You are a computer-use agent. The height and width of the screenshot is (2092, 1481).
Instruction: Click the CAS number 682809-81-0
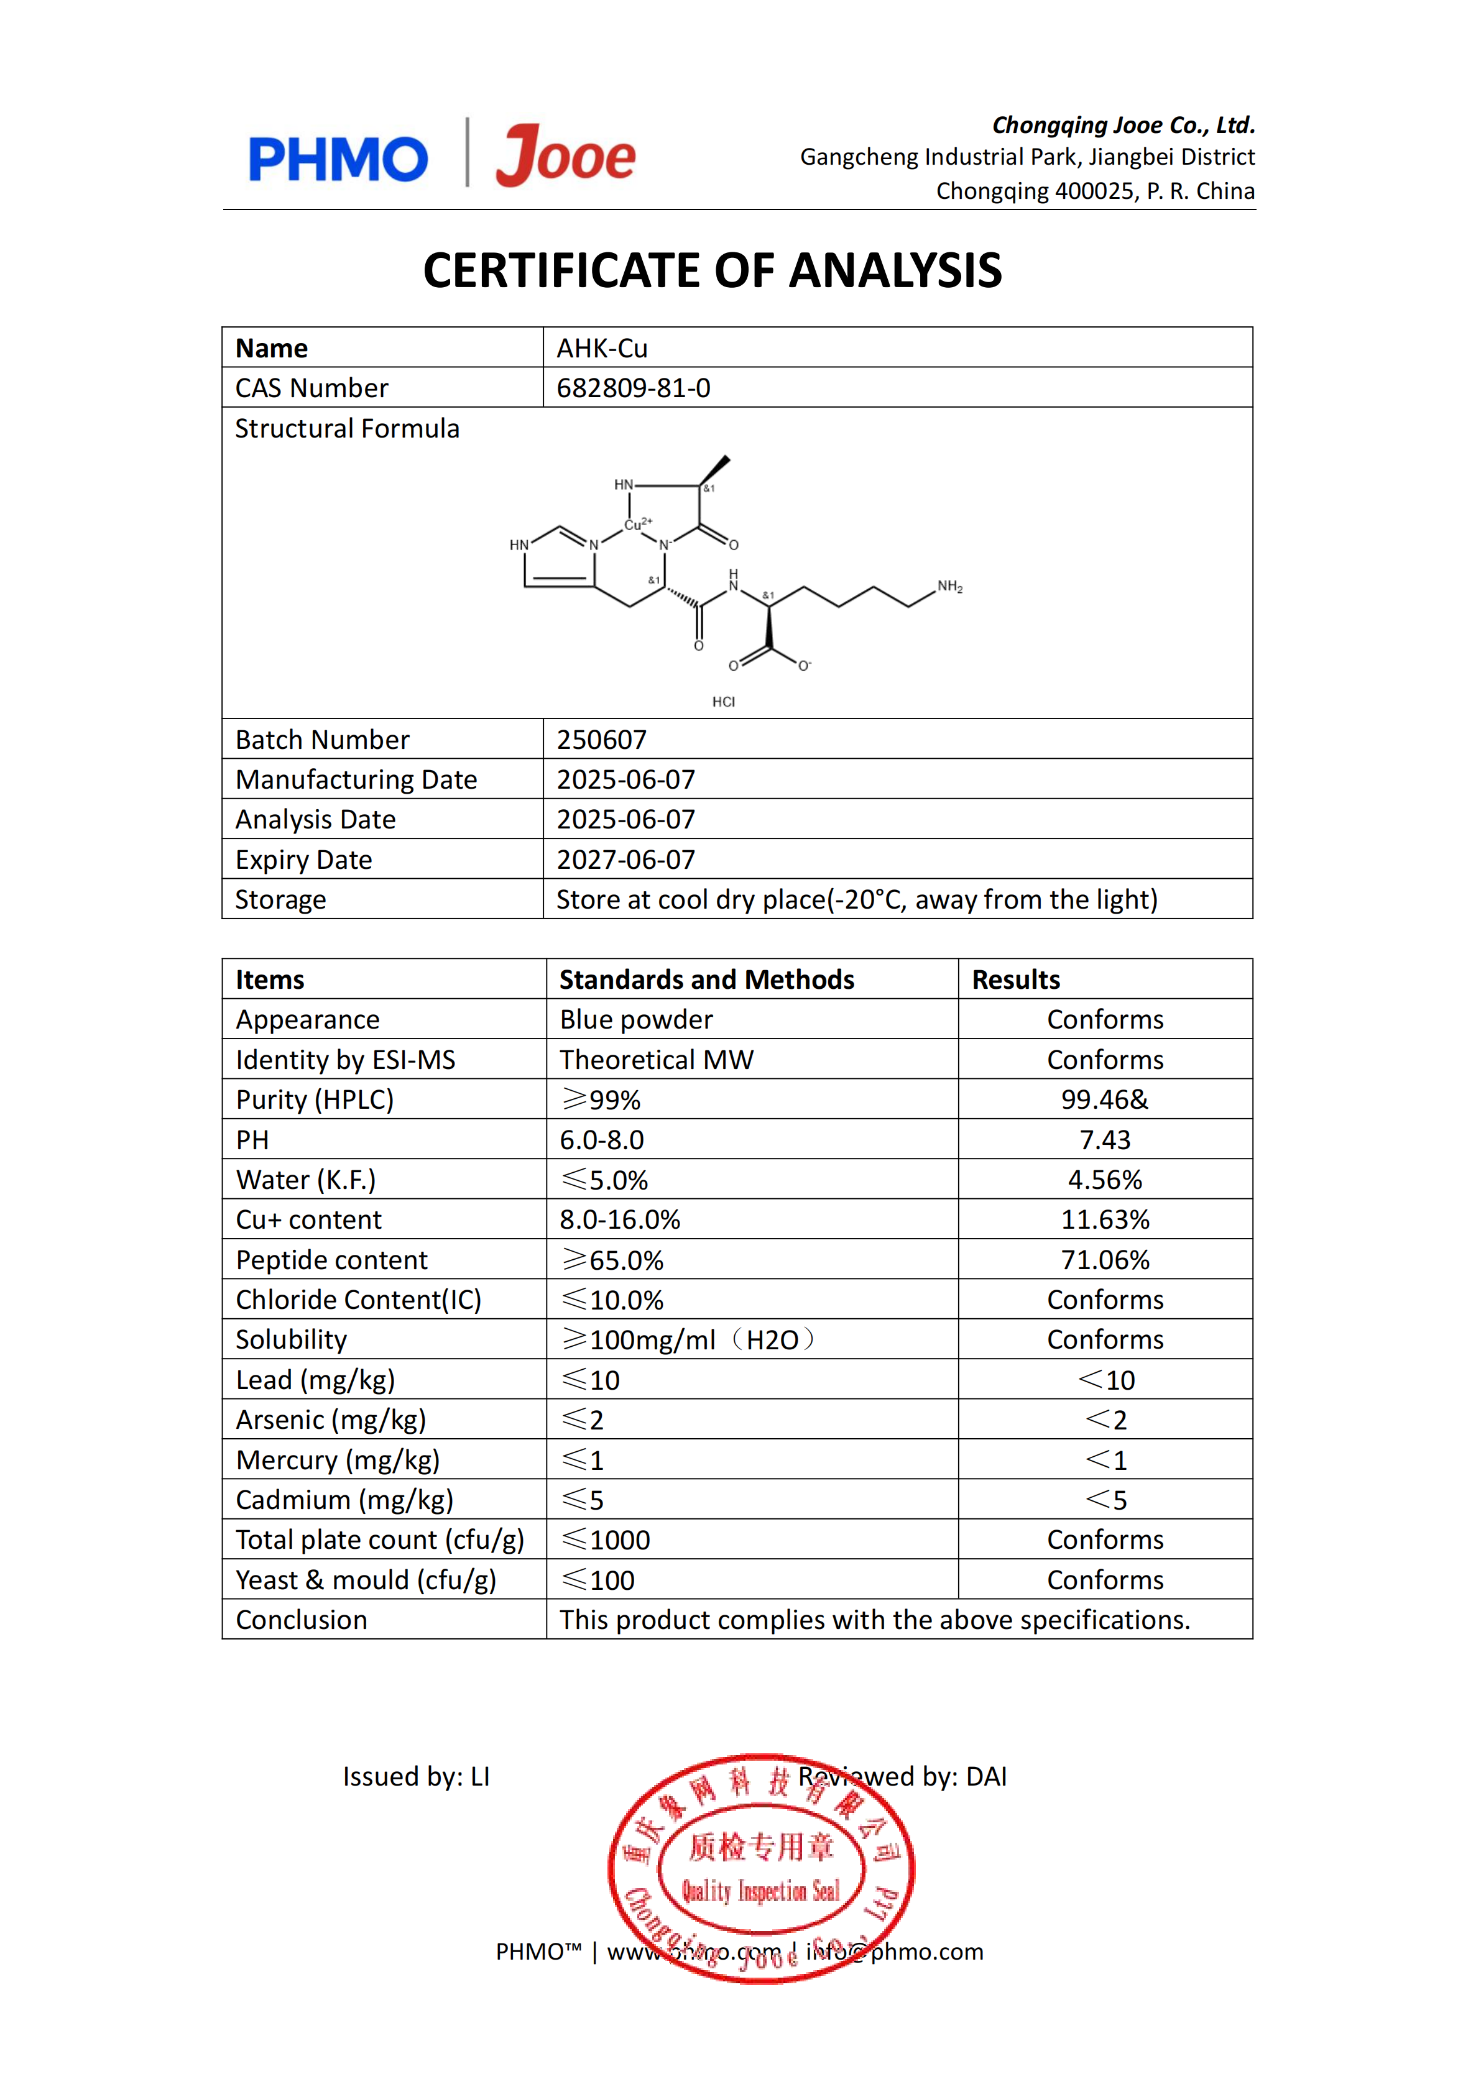tap(633, 388)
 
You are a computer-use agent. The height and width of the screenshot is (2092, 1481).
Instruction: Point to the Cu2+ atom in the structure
tap(637, 524)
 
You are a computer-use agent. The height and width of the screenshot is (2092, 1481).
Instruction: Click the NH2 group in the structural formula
tap(949, 586)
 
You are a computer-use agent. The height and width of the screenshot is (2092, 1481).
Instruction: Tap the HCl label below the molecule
tap(723, 702)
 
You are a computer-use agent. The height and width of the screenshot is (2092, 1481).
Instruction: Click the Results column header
tap(1016, 980)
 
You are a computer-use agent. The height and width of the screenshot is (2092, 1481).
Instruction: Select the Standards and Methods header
tap(707, 980)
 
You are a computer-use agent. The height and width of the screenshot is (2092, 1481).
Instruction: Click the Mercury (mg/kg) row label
tap(338, 1461)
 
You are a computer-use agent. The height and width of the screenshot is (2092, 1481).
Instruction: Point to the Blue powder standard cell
tap(635, 1020)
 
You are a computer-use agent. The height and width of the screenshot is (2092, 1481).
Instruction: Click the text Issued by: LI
tap(416, 1777)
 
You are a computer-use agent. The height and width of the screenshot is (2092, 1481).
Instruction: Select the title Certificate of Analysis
tap(713, 271)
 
